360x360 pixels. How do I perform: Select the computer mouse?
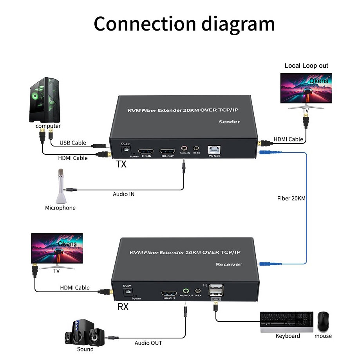[x=323, y=322]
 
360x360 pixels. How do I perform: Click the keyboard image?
[x=287, y=322]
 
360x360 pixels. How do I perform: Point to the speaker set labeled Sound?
[x=85, y=333]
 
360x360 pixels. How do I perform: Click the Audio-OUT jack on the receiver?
[x=186, y=291]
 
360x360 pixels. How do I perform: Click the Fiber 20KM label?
[x=291, y=198]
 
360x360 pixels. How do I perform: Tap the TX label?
[x=121, y=164]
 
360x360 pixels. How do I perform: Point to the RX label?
[x=123, y=307]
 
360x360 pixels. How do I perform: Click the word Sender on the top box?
[x=229, y=121]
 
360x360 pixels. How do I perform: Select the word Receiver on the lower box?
[x=229, y=264]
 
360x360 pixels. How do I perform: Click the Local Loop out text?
[x=306, y=66]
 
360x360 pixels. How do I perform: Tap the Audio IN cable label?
[x=123, y=194]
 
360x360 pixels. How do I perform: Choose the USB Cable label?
[x=73, y=143]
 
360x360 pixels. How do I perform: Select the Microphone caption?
[x=60, y=208]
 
